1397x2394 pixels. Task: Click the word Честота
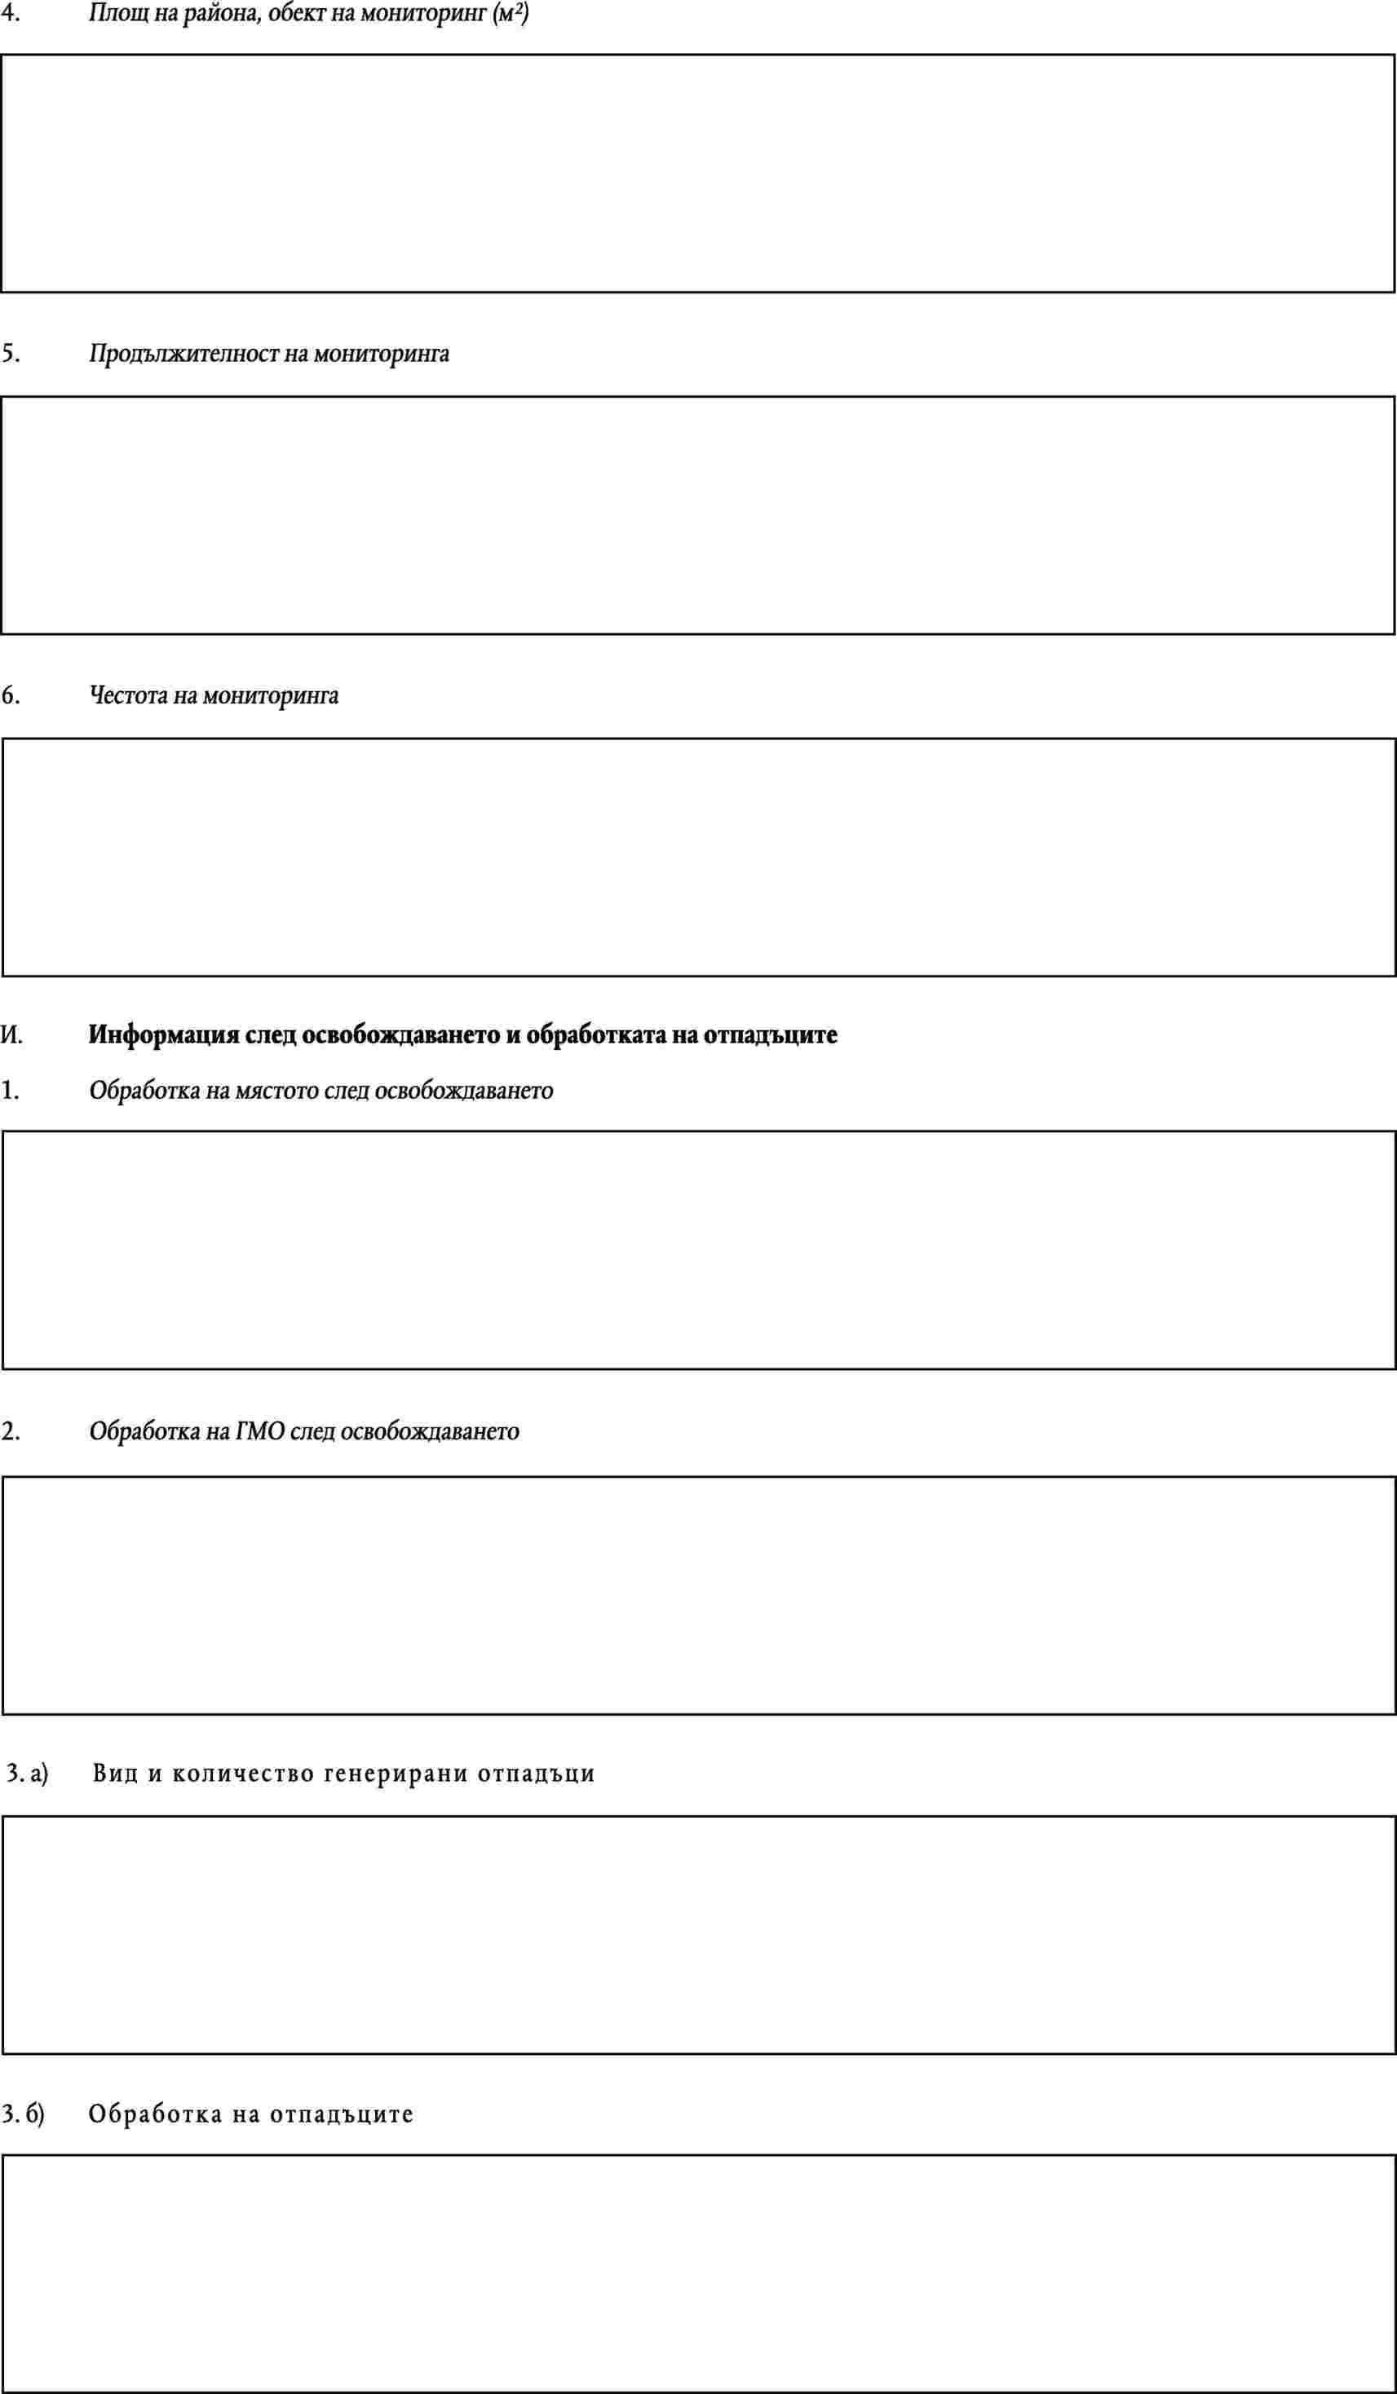click(x=129, y=695)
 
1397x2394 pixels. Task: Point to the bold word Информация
click(x=163, y=1034)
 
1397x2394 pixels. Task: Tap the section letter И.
click(x=12, y=1034)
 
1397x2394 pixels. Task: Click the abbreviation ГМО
click(x=259, y=1431)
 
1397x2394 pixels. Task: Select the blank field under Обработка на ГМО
click(x=698, y=1596)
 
